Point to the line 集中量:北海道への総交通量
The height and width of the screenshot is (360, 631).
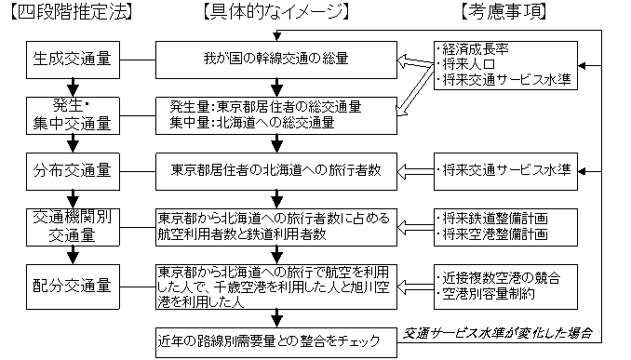(x=252, y=121)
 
